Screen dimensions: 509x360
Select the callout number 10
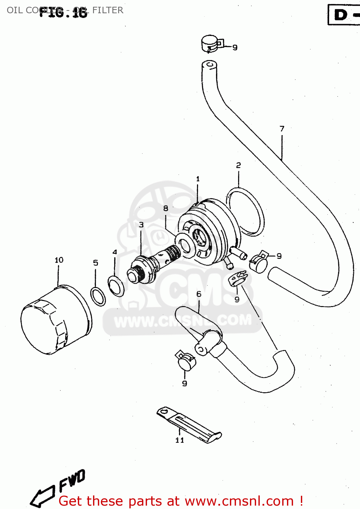[59, 260]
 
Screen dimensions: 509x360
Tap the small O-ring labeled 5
[98, 296]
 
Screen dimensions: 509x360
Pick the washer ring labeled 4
[116, 286]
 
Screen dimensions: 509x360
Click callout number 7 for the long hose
[282, 129]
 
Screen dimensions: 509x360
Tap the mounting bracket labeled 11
[189, 424]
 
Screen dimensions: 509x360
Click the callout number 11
[180, 440]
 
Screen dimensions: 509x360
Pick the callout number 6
[199, 294]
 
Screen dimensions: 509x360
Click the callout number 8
[166, 208]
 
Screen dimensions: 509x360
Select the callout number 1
[198, 179]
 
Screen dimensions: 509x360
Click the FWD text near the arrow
[72, 480]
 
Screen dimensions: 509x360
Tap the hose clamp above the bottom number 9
[186, 361]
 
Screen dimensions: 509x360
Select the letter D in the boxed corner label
[341, 15]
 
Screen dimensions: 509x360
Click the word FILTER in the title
[108, 10]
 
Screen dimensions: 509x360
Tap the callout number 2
[238, 165]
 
